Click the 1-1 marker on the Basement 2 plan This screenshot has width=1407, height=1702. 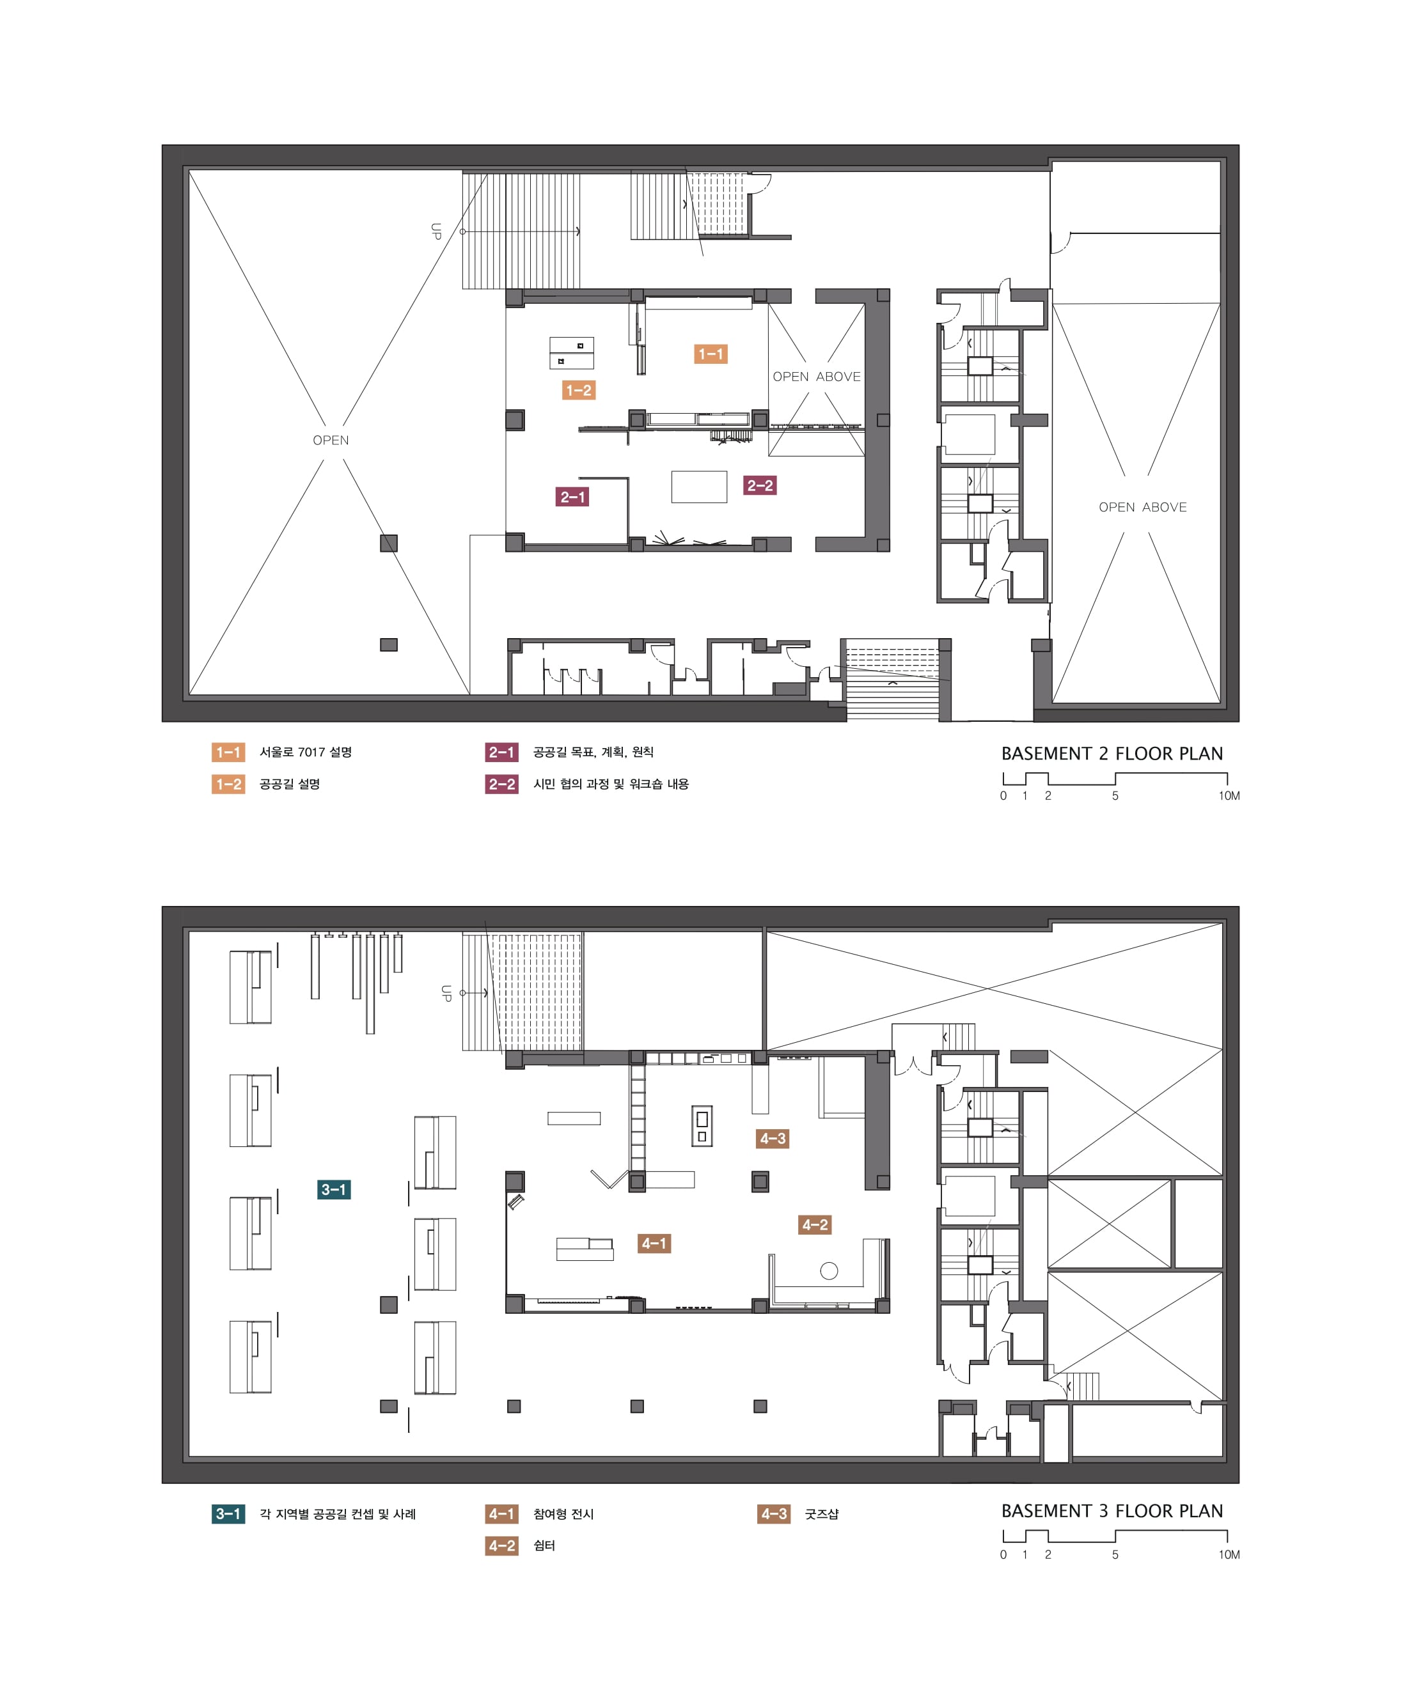click(710, 354)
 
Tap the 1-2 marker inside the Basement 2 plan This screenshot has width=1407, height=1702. click(579, 391)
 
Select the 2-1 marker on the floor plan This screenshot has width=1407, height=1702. click(572, 497)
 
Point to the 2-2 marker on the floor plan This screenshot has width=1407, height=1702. click(760, 485)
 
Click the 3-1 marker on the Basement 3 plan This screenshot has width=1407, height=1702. click(334, 1189)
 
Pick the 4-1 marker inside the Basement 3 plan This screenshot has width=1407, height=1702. click(654, 1243)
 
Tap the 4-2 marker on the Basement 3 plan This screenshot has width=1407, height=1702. click(815, 1224)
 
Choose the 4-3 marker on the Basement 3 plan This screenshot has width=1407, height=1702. click(773, 1138)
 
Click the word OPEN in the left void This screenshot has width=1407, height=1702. click(331, 440)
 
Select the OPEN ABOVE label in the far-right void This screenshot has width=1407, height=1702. click(1143, 507)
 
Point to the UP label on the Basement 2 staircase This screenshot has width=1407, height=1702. click(436, 231)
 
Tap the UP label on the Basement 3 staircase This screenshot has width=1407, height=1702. click(446, 993)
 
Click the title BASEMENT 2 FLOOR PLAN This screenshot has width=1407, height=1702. click(1112, 753)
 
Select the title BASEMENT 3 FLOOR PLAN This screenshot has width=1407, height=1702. click(1112, 1511)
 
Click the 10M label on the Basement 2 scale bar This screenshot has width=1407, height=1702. click(1229, 795)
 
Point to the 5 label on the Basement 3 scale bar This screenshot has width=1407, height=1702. click(1115, 1554)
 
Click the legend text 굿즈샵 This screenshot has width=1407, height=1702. click(822, 1514)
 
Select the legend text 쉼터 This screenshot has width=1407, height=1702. click(544, 1545)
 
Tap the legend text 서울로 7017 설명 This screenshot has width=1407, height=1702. click(306, 753)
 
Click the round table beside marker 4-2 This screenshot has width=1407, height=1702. click(828, 1271)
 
